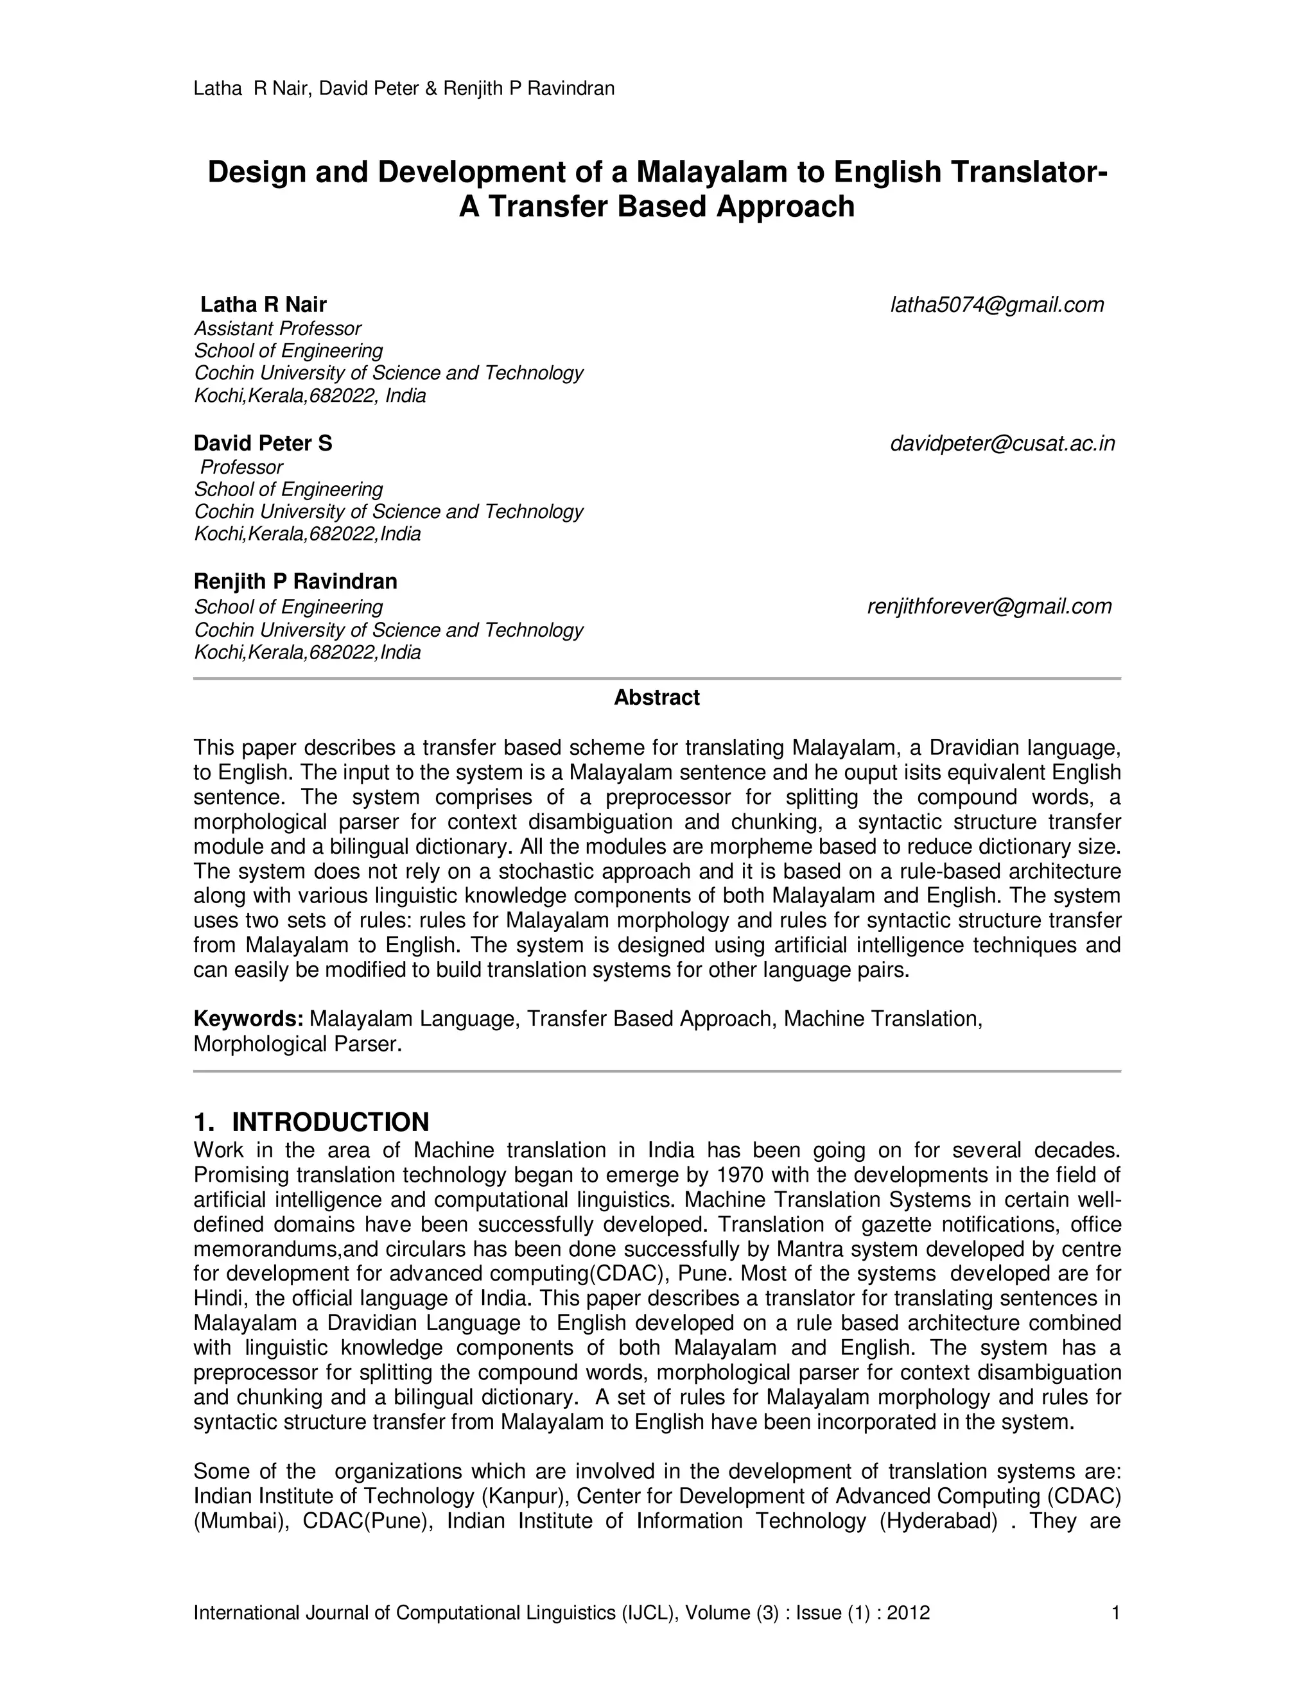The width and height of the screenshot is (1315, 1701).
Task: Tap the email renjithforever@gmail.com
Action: click(989, 606)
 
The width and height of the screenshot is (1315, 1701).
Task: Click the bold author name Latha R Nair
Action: click(263, 304)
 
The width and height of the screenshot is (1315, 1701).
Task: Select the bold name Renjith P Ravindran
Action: click(295, 581)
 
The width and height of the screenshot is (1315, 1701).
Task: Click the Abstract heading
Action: click(657, 697)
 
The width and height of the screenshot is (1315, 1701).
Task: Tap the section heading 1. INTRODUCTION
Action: click(311, 1122)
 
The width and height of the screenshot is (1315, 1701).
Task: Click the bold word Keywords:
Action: click(248, 1019)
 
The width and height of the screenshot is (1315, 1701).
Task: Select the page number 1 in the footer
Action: click(1115, 1612)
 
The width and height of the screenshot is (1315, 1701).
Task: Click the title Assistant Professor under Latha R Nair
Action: click(277, 328)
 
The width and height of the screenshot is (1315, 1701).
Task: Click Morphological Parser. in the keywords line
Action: click(297, 1044)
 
